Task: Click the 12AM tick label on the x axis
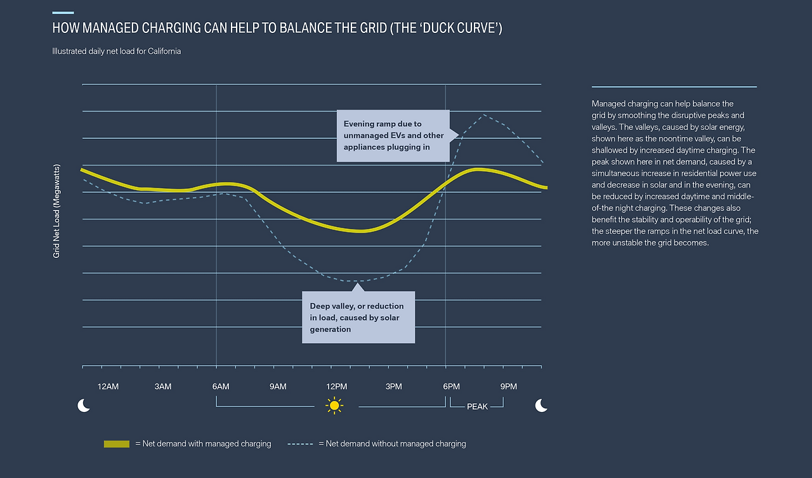[108, 387]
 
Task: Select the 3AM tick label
[163, 387]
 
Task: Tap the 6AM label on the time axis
[221, 387]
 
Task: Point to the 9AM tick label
[278, 387]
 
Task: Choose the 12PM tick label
[336, 387]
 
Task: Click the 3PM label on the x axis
[393, 387]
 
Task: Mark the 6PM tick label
[451, 387]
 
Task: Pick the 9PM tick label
[508, 387]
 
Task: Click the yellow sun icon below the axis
[334, 406]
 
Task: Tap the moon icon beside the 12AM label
[84, 406]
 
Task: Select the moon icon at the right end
[541, 406]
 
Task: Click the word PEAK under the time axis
[477, 406]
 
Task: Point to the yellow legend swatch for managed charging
[117, 444]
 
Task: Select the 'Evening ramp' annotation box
[393, 136]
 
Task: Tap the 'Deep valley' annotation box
[358, 317]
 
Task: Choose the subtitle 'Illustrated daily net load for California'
[116, 51]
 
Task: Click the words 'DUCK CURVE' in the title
[462, 29]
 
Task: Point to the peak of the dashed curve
[484, 115]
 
